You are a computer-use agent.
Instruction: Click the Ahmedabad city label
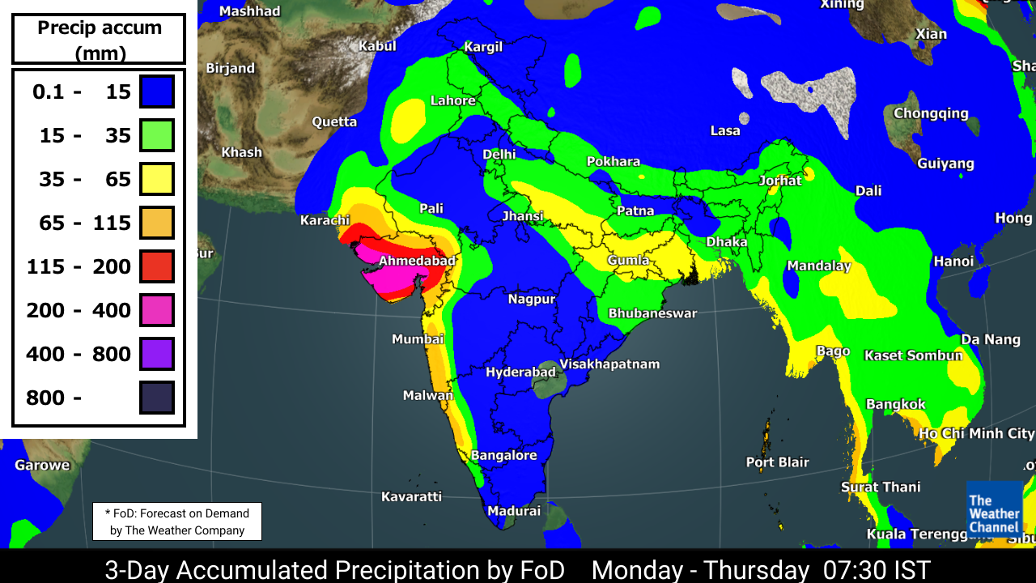click(417, 261)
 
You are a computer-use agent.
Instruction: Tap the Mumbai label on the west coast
click(418, 339)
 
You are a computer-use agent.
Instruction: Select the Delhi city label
click(499, 154)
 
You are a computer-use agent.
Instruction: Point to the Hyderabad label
click(520, 372)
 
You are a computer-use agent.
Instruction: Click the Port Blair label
click(777, 462)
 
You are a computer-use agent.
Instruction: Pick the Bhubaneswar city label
click(652, 313)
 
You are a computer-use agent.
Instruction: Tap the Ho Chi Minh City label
click(976, 434)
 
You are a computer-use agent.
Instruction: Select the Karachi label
click(324, 220)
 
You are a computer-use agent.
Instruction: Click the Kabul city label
click(377, 46)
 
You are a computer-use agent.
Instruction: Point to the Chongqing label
click(931, 113)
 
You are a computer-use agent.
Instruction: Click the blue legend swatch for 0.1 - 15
click(157, 91)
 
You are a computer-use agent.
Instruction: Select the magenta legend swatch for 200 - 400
click(157, 310)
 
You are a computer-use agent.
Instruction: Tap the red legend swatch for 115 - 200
click(157, 266)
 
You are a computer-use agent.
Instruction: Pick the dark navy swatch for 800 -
click(157, 398)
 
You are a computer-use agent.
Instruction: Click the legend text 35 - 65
click(85, 179)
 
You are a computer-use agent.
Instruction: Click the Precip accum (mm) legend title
click(100, 40)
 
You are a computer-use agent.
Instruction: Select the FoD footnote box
click(177, 522)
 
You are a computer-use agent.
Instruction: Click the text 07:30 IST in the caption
click(877, 569)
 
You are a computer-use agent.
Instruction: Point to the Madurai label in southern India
click(513, 511)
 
